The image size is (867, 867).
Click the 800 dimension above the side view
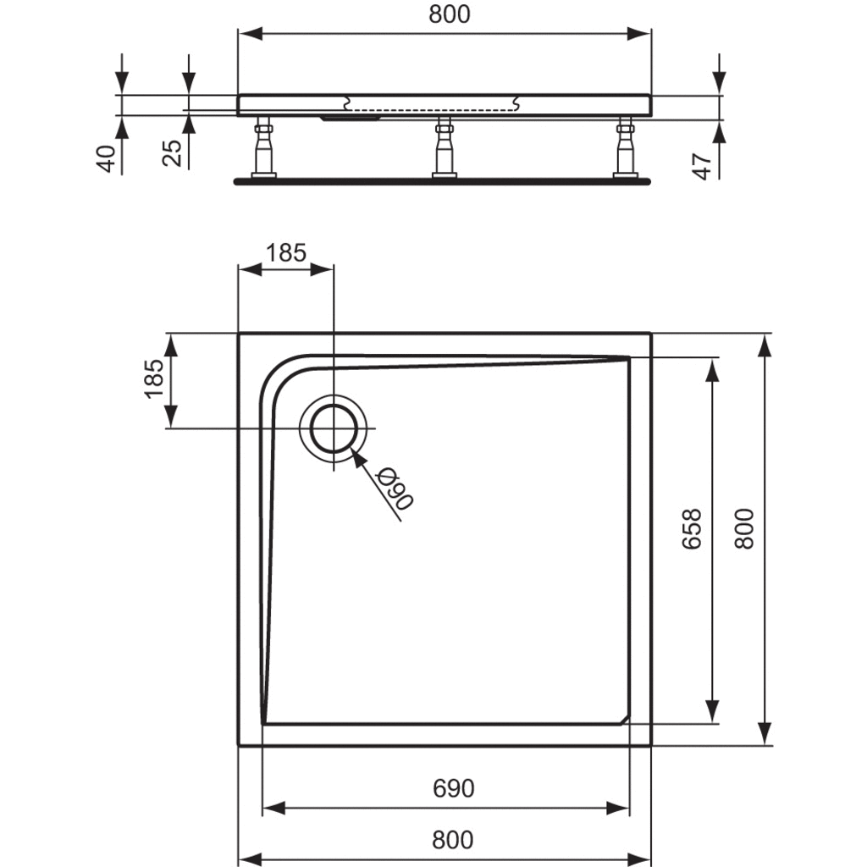tap(449, 14)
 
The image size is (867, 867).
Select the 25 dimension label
tap(174, 152)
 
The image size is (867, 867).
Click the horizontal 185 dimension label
tap(286, 252)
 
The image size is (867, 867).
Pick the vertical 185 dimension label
tap(154, 378)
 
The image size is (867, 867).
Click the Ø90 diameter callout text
tap(395, 489)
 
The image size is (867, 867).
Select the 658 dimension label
tap(692, 529)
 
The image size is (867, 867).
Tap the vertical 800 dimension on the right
tap(744, 529)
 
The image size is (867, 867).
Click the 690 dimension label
tap(453, 788)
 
